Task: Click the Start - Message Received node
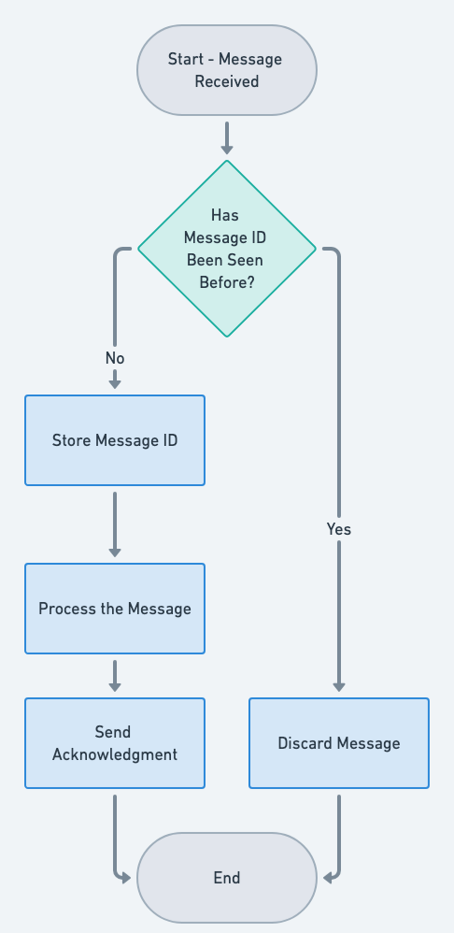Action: pyautogui.click(x=226, y=70)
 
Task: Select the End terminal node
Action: pyautogui.click(x=226, y=877)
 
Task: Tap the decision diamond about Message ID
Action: pyautogui.click(x=226, y=248)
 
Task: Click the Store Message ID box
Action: pyautogui.click(x=114, y=440)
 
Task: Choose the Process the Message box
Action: pyautogui.click(x=114, y=609)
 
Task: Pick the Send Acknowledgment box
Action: pyautogui.click(x=114, y=743)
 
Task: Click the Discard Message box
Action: pyautogui.click(x=338, y=743)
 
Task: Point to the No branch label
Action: pyautogui.click(x=114, y=358)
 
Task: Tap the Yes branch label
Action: pyautogui.click(x=338, y=529)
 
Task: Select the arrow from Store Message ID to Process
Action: pyautogui.click(x=114, y=524)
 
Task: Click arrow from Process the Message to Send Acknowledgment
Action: pyautogui.click(x=114, y=675)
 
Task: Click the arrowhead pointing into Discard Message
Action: pyautogui.click(x=338, y=687)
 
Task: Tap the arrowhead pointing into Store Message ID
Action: pyautogui.click(x=114, y=382)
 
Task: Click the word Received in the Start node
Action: pyautogui.click(x=226, y=81)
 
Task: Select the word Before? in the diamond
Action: pyautogui.click(x=226, y=282)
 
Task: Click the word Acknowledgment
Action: pyautogui.click(x=114, y=754)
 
